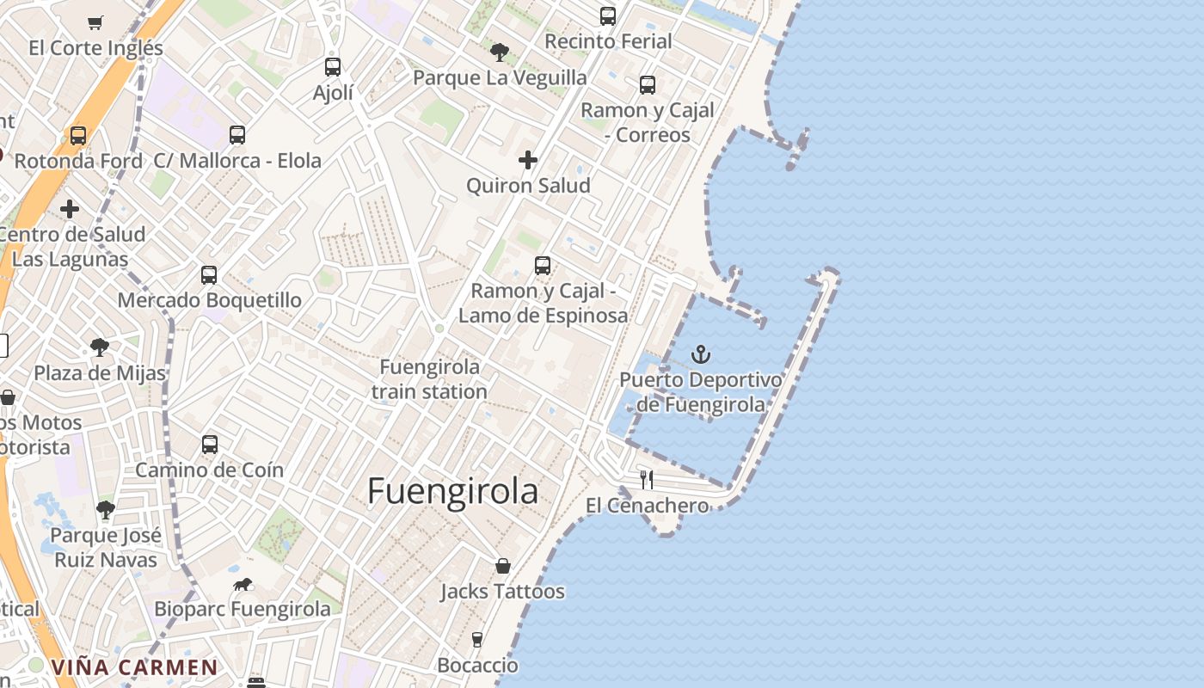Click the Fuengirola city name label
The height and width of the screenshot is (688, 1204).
tap(452, 492)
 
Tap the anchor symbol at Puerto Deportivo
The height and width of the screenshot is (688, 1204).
tap(701, 354)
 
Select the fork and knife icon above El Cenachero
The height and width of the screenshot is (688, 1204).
tap(647, 480)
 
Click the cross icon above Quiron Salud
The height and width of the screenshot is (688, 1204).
tap(528, 160)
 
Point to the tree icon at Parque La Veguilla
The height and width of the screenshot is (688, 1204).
tap(499, 52)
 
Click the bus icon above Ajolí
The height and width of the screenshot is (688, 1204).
tap(333, 67)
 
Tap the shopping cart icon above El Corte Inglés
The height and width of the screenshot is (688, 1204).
tap(95, 22)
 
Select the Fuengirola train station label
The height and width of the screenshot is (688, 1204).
tap(430, 379)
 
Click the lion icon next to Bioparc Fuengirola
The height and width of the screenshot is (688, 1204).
tap(243, 585)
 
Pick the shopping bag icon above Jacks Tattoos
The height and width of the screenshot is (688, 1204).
tap(503, 566)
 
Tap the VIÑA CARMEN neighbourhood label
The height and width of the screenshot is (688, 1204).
tap(134, 667)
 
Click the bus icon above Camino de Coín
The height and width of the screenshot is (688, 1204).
tap(210, 445)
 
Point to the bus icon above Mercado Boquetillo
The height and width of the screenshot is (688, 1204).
tap(209, 275)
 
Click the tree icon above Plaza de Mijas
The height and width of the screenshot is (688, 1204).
tap(100, 347)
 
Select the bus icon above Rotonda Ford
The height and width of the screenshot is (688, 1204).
tap(78, 136)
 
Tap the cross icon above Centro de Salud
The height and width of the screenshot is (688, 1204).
tap(70, 209)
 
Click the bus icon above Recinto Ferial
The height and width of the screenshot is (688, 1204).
tap(608, 15)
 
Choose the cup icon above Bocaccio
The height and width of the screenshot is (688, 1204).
tap(477, 640)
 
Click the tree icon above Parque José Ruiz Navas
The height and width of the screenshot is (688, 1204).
tap(106, 510)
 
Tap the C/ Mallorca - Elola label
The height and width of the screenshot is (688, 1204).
tap(237, 161)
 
